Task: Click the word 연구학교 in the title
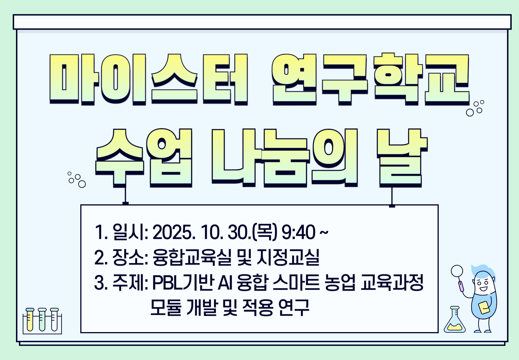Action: pyautogui.click(x=370, y=79)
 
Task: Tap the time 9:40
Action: pyautogui.click(x=298, y=232)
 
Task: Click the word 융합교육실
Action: pyautogui.click(x=192, y=257)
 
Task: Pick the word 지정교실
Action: pyautogui.click(x=288, y=257)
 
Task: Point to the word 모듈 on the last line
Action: pyautogui.click(x=166, y=307)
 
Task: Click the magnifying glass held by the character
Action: pyautogui.click(x=457, y=271)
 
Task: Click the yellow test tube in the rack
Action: pyautogui.click(x=30, y=320)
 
